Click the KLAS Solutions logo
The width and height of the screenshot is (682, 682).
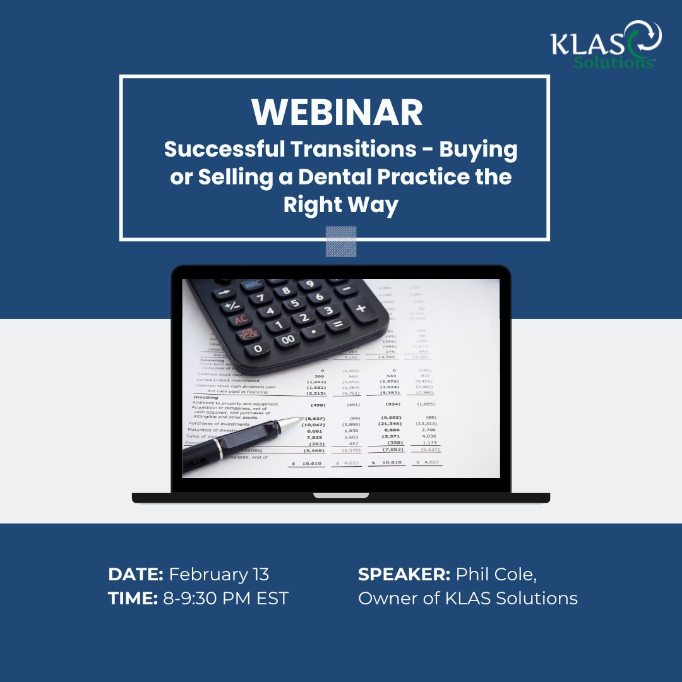(606, 45)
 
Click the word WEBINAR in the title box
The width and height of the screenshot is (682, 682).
(337, 112)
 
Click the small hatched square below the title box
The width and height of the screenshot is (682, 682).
(341, 241)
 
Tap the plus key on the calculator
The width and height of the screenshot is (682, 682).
(361, 309)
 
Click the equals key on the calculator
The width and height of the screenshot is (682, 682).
(336, 325)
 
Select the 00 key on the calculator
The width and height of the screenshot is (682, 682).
(289, 340)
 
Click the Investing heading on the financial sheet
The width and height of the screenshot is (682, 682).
(205, 398)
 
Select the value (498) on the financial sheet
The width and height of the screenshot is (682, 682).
(318, 404)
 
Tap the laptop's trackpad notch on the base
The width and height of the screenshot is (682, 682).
(341, 496)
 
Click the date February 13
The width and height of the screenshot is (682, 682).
(219, 574)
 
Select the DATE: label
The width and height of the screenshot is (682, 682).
(136, 574)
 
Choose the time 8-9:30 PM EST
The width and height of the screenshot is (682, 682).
(225, 598)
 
